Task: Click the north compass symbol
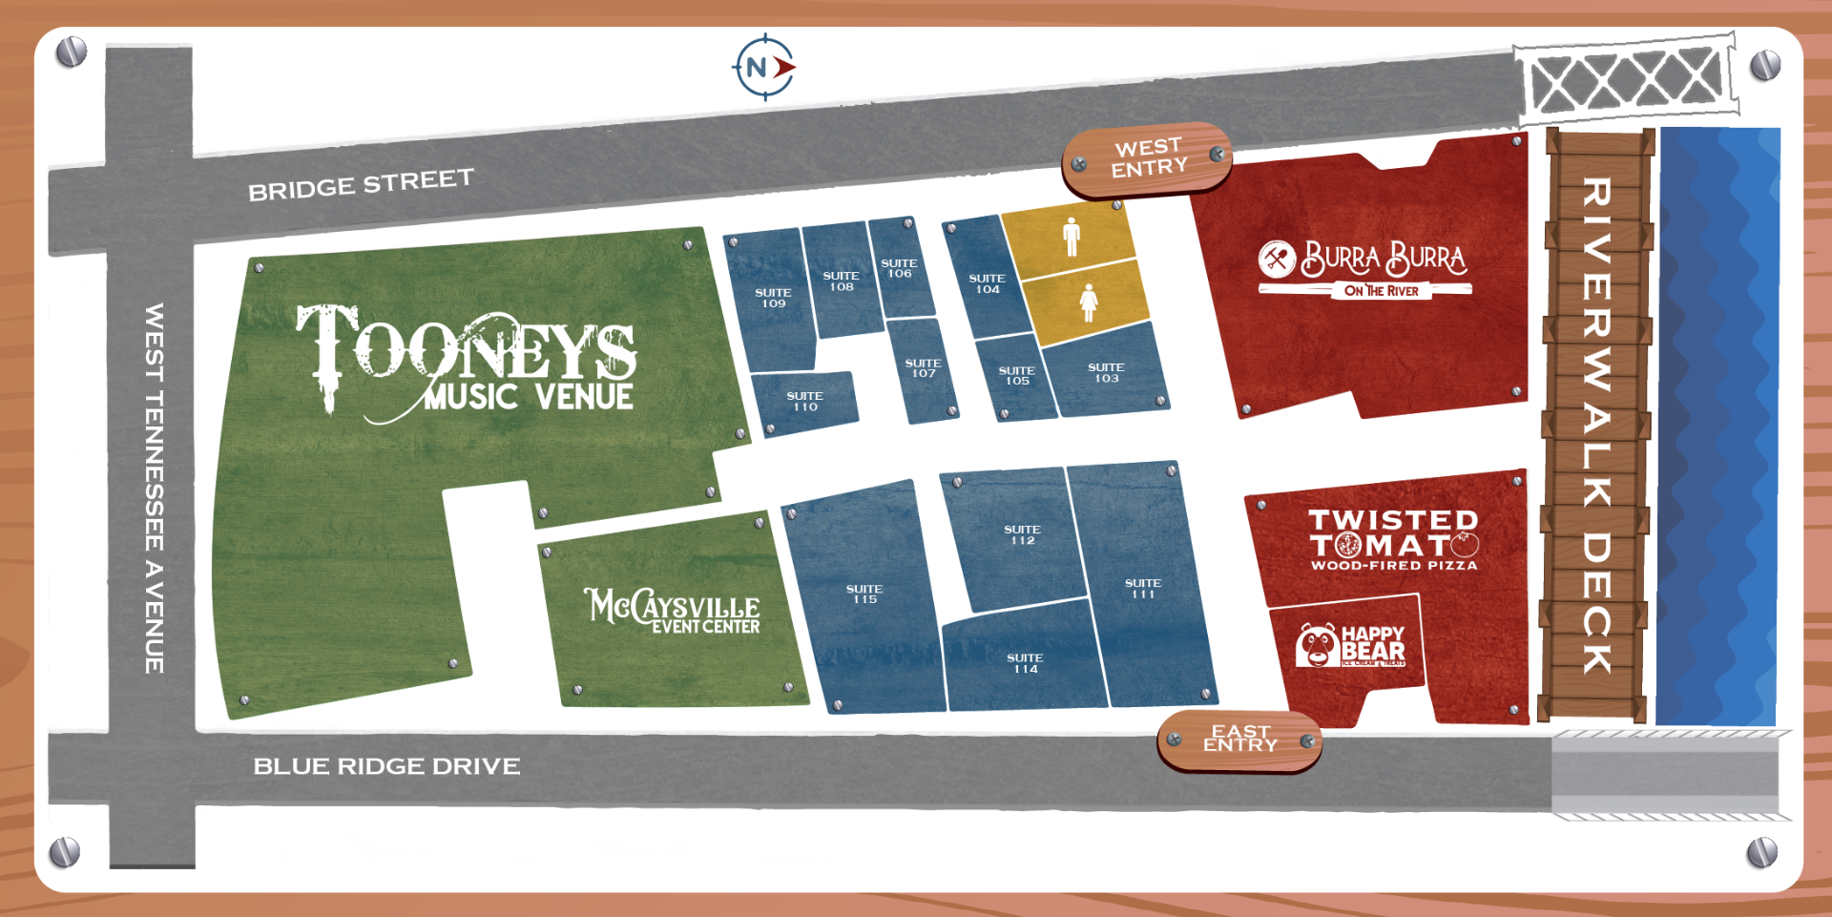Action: point(763,68)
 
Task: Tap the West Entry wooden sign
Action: point(1147,158)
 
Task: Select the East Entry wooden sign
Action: point(1239,740)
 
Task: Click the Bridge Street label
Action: point(361,184)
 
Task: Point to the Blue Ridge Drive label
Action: point(386,766)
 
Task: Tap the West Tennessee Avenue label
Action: point(154,488)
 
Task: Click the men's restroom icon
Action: point(1072,236)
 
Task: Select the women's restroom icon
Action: point(1088,302)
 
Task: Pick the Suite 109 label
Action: point(773,299)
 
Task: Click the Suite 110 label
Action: point(804,402)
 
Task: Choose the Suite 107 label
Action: point(923,368)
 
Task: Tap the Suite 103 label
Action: point(1106,373)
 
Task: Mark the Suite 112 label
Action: point(1022,534)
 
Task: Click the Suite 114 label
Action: point(1025,663)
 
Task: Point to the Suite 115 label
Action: point(864,594)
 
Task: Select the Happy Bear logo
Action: point(1349,645)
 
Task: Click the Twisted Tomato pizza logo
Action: point(1393,540)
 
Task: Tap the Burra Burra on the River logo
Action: point(1364,269)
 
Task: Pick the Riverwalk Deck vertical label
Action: point(1596,425)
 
